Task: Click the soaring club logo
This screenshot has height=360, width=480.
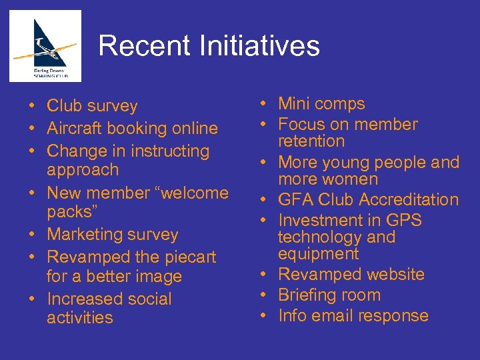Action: [x=45, y=46]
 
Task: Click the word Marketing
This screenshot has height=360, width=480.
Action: [x=87, y=235]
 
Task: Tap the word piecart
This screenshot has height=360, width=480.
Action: [x=186, y=257]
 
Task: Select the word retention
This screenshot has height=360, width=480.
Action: [x=311, y=141]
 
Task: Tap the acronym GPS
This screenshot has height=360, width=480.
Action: [x=403, y=220]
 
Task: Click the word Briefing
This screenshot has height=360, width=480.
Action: [x=310, y=295]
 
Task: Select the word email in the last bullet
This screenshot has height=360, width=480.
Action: [x=336, y=315]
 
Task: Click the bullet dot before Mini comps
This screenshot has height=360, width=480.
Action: [x=264, y=104]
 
